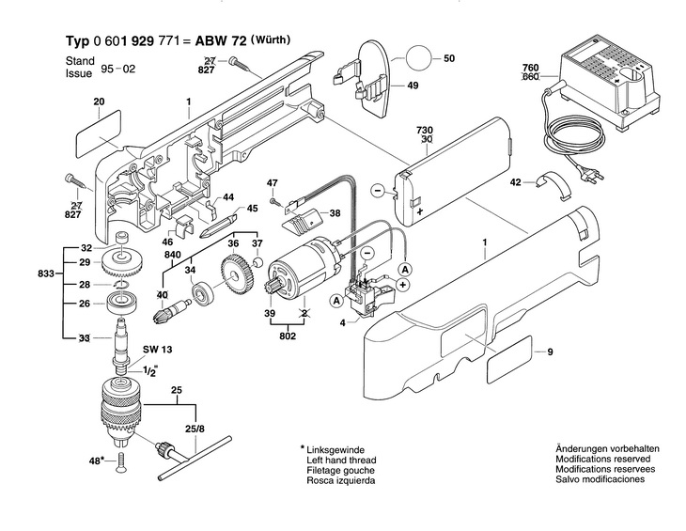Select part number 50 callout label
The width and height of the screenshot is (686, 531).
pos(449,58)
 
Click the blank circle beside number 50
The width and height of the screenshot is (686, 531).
pos(419,57)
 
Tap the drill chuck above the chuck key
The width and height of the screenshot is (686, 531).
pos(119,412)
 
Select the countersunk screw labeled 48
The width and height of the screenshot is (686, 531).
pos(120,462)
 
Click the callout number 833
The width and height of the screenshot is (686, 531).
pos(45,273)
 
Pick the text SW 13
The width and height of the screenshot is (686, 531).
pos(158,350)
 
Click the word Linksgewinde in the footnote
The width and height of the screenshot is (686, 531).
pos(335,449)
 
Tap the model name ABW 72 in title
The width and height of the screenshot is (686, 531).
pos(221,40)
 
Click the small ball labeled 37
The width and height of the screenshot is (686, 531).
pos(257,262)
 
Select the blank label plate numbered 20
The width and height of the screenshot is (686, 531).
pos(99,130)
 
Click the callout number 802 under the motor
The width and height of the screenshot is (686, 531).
pos(288,336)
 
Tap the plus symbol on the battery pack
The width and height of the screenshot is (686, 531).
pos(420,211)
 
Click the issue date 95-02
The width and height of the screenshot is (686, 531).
pos(118,70)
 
